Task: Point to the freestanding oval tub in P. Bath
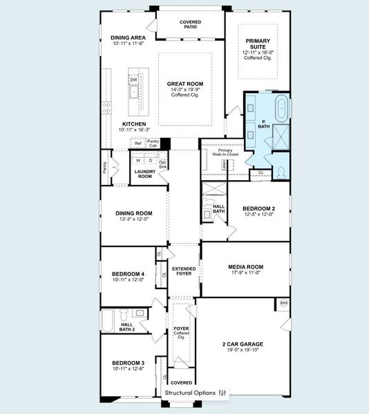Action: pos(282,109)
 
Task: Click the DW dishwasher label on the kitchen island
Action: pos(133,79)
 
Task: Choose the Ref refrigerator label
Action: pos(138,143)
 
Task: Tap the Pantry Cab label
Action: pos(153,143)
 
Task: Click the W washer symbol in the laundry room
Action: pos(138,160)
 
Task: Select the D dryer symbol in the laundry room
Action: pos(151,160)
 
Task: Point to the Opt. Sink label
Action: pos(163,164)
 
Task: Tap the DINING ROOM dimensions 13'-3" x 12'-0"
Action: pos(133,220)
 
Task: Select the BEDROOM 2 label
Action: pos(258,208)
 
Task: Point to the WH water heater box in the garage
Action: pos(283,303)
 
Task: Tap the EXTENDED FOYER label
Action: pos(184,271)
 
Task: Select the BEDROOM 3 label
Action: pos(128,362)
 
